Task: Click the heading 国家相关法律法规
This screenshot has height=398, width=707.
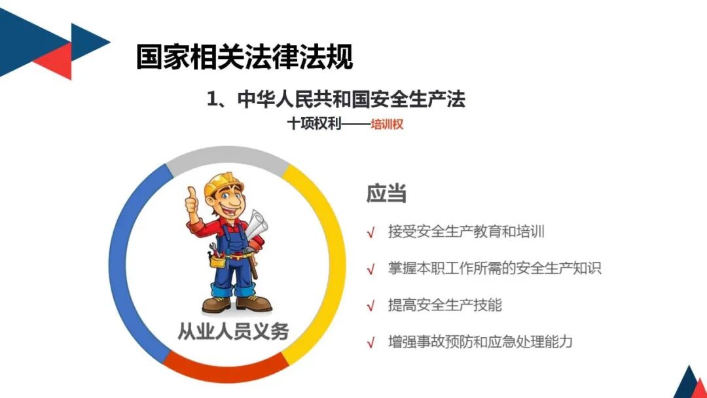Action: [x=244, y=57]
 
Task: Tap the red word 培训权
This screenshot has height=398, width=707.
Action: [x=387, y=124]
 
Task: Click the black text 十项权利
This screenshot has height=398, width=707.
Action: [x=314, y=124]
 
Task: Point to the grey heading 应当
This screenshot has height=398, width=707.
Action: [x=386, y=193]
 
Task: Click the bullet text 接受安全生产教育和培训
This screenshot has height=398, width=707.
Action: [x=466, y=231]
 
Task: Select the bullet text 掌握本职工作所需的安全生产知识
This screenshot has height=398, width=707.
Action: [x=494, y=268]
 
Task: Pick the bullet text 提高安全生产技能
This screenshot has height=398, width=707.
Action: [x=445, y=304]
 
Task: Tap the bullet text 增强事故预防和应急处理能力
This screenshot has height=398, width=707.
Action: [x=480, y=342]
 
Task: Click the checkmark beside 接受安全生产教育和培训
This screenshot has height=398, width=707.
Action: [x=371, y=232]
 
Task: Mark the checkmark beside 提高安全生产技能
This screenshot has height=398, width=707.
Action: [x=371, y=306]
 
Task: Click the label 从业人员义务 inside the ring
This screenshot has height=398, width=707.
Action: [x=233, y=331]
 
